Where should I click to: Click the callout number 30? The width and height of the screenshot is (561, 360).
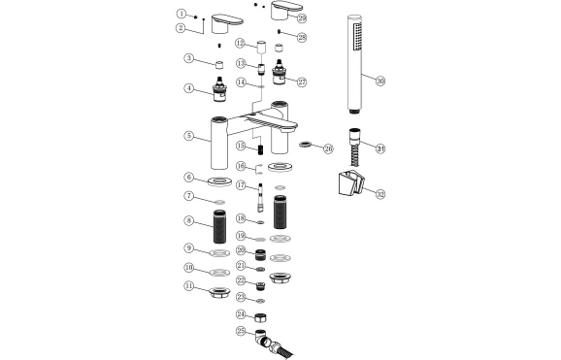pyautogui.click(x=380, y=82)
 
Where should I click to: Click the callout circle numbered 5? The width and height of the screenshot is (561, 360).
pyautogui.click(x=189, y=135)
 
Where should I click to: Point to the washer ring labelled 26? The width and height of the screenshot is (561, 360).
pyautogui.click(x=307, y=147)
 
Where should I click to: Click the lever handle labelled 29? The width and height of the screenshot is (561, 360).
pyautogui.click(x=286, y=13)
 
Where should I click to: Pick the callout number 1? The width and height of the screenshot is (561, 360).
pyautogui.click(x=181, y=14)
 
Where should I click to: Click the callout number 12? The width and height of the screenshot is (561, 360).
pyautogui.click(x=240, y=45)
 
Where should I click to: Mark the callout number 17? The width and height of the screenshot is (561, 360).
pyautogui.click(x=240, y=182)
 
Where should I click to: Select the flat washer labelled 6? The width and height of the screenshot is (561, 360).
pyautogui.click(x=218, y=181)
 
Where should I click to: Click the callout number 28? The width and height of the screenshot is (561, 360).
pyautogui.click(x=302, y=37)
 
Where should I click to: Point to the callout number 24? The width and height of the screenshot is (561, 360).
pyautogui.click(x=240, y=314)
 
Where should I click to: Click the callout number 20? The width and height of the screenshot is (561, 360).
pyautogui.click(x=240, y=250)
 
